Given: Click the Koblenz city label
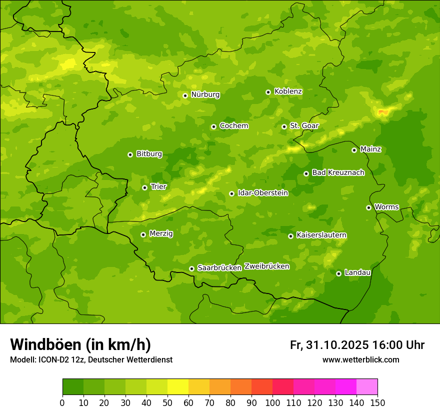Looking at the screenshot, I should pos(288,91).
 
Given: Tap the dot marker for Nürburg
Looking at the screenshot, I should pos(185,95).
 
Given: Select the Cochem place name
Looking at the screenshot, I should pos(233,125).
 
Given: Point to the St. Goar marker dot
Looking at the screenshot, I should pos(284,126).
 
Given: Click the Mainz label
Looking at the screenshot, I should pos(370,149).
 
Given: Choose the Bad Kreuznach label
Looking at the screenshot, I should pos(338,172).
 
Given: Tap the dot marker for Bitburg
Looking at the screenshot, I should pos(130,154).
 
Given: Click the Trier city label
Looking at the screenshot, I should pos(158,186).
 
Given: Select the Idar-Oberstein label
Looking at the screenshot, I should pos(263,192).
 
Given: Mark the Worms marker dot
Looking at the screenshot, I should pos(368,207).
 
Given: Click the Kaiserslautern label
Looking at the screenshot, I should pos(321,235).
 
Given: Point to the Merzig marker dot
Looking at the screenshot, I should pos(143,234).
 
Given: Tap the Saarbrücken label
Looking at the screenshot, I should pos(219,268).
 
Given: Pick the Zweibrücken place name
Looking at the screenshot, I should pos(266,266).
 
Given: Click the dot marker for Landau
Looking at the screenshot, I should pos(338,273).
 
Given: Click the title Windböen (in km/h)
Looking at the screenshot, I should pos(80,344).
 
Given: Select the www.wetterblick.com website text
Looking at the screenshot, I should pos(360,360).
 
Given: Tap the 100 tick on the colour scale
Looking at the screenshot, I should pos(272,402).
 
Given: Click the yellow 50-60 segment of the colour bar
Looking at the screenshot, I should pos(178,387).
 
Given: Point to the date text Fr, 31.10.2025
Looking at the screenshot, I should pos(329,345).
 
